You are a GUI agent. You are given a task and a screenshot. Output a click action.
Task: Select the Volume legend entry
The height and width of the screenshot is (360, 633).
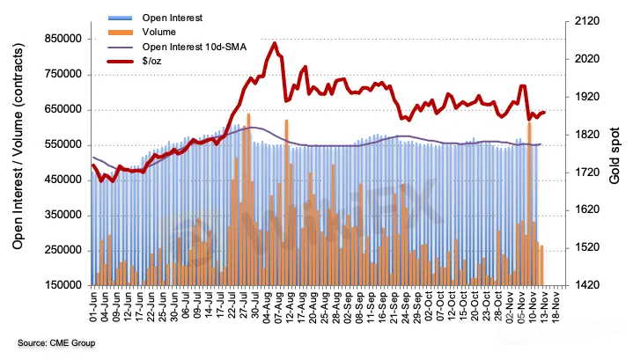point(167,32)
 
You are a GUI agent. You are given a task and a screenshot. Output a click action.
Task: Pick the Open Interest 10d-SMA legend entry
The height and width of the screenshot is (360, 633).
point(197,47)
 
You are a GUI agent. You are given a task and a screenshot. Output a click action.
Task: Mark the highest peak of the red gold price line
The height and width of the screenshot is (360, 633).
point(275,43)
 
